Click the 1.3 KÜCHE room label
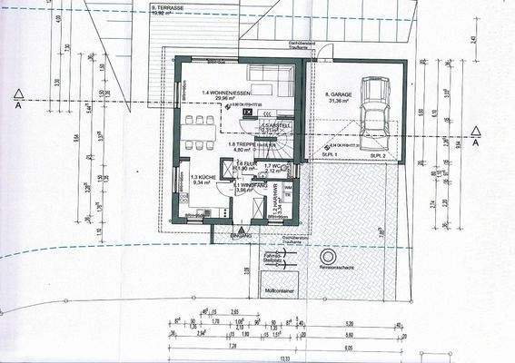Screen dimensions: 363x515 click(x=202, y=179)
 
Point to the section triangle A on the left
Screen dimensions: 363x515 click(x=17, y=93)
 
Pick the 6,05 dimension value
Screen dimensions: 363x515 click(x=348, y=346)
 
